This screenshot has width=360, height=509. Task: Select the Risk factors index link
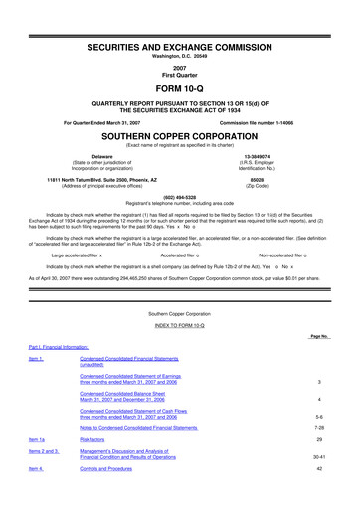coord(96,440)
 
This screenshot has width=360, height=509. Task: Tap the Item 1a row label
coord(36,440)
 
